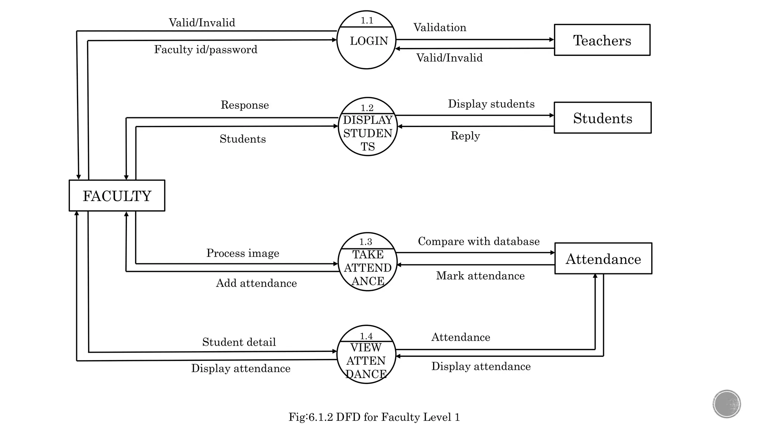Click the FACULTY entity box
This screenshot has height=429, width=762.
[117, 196]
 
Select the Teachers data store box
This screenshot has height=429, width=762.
[602, 40]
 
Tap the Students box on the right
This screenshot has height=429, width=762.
[602, 118]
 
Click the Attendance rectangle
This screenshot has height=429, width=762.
[603, 259]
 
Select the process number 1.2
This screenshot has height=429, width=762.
[367, 108]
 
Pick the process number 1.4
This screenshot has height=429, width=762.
[366, 336]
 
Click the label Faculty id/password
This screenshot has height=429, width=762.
[206, 50]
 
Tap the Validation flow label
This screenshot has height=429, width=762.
[440, 28]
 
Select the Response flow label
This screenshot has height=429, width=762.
[244, 105]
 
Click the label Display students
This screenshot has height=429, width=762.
[491, 104]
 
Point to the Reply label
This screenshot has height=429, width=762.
[465, 136]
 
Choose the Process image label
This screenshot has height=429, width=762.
[243, 253]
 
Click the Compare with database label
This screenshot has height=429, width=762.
[478, 241]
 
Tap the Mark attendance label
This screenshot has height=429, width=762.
[480, 276]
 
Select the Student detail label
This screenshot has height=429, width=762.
[239, 342]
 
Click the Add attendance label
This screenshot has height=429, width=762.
[256, 283]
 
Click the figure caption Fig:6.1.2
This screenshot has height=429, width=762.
[374, 417]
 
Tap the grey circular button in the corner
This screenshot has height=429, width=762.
[727, 404]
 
